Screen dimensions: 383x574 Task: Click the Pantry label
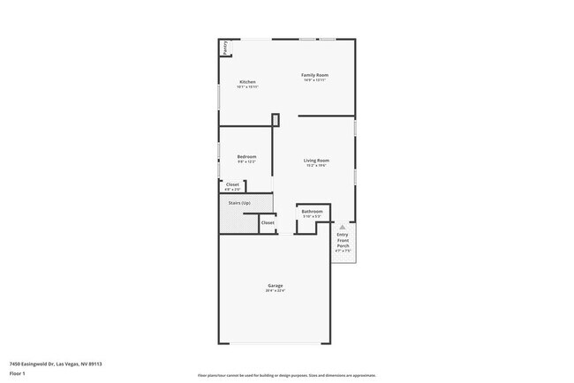pos(225,48)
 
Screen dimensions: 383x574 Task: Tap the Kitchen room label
pos(247,82)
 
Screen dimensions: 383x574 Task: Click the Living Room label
pos(316,161)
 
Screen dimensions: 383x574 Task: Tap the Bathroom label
pos(312,211)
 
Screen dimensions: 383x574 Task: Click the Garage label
pos(276,285)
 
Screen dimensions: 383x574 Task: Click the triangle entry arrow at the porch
pos(343,227)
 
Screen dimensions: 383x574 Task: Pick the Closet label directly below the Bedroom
pos(231,184)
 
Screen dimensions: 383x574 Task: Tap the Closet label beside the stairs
pos(268,222)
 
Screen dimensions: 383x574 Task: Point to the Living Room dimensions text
pos(316,166)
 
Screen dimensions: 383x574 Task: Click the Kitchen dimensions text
pos(247,87)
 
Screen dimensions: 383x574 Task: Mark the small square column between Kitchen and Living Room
pos(276,120)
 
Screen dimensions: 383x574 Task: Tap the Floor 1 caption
pos(18,373)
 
